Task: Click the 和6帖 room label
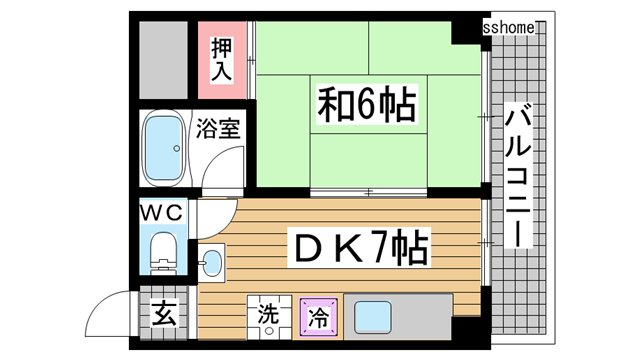[x=367, y=103]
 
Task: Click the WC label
[x=160, y=212]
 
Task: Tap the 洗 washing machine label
[x=268, y=312]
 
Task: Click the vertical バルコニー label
[x=520, y=175]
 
